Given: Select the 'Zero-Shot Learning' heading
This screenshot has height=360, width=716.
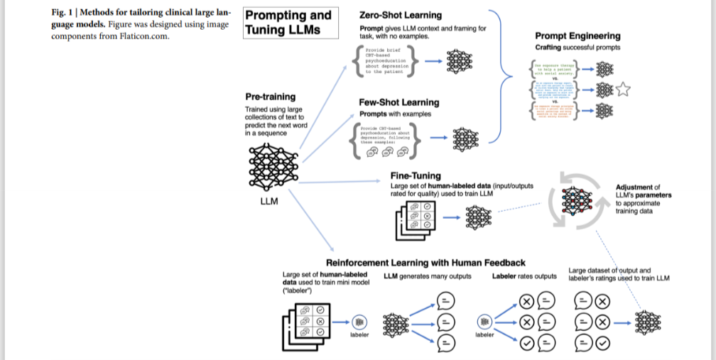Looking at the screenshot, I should [401, 15].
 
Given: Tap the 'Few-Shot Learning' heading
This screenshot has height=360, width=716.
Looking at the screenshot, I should [398, 102].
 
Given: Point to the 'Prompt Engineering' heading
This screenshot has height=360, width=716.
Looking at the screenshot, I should [577, 36].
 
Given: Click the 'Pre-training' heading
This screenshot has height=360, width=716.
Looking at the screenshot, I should [270, 97].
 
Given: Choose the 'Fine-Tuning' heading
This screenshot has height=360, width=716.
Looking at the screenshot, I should [416, 175].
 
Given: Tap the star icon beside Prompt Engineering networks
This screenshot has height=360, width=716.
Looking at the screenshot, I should [624, 89].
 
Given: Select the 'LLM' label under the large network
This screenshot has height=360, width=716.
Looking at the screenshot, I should [270, 201].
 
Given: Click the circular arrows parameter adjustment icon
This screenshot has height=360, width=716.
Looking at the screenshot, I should [577, 202].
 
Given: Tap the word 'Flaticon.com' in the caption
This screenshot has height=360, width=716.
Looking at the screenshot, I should [146, 36].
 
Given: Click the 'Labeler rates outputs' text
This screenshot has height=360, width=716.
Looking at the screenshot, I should [524, 276].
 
